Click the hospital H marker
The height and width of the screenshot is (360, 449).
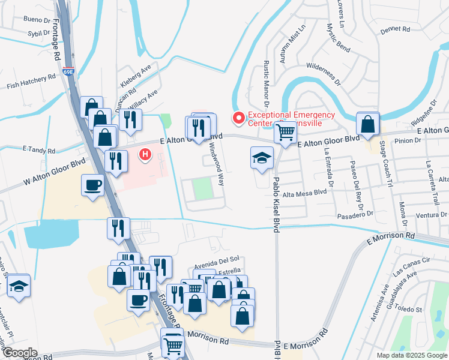(x=145, y=155)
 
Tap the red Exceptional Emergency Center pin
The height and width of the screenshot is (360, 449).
(x=238, y=118)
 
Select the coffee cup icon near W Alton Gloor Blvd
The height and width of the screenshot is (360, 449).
(x=93, y=185)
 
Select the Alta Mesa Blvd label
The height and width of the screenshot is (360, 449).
(x=304, y=193)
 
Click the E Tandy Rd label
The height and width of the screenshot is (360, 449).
(x=38, y=149)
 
